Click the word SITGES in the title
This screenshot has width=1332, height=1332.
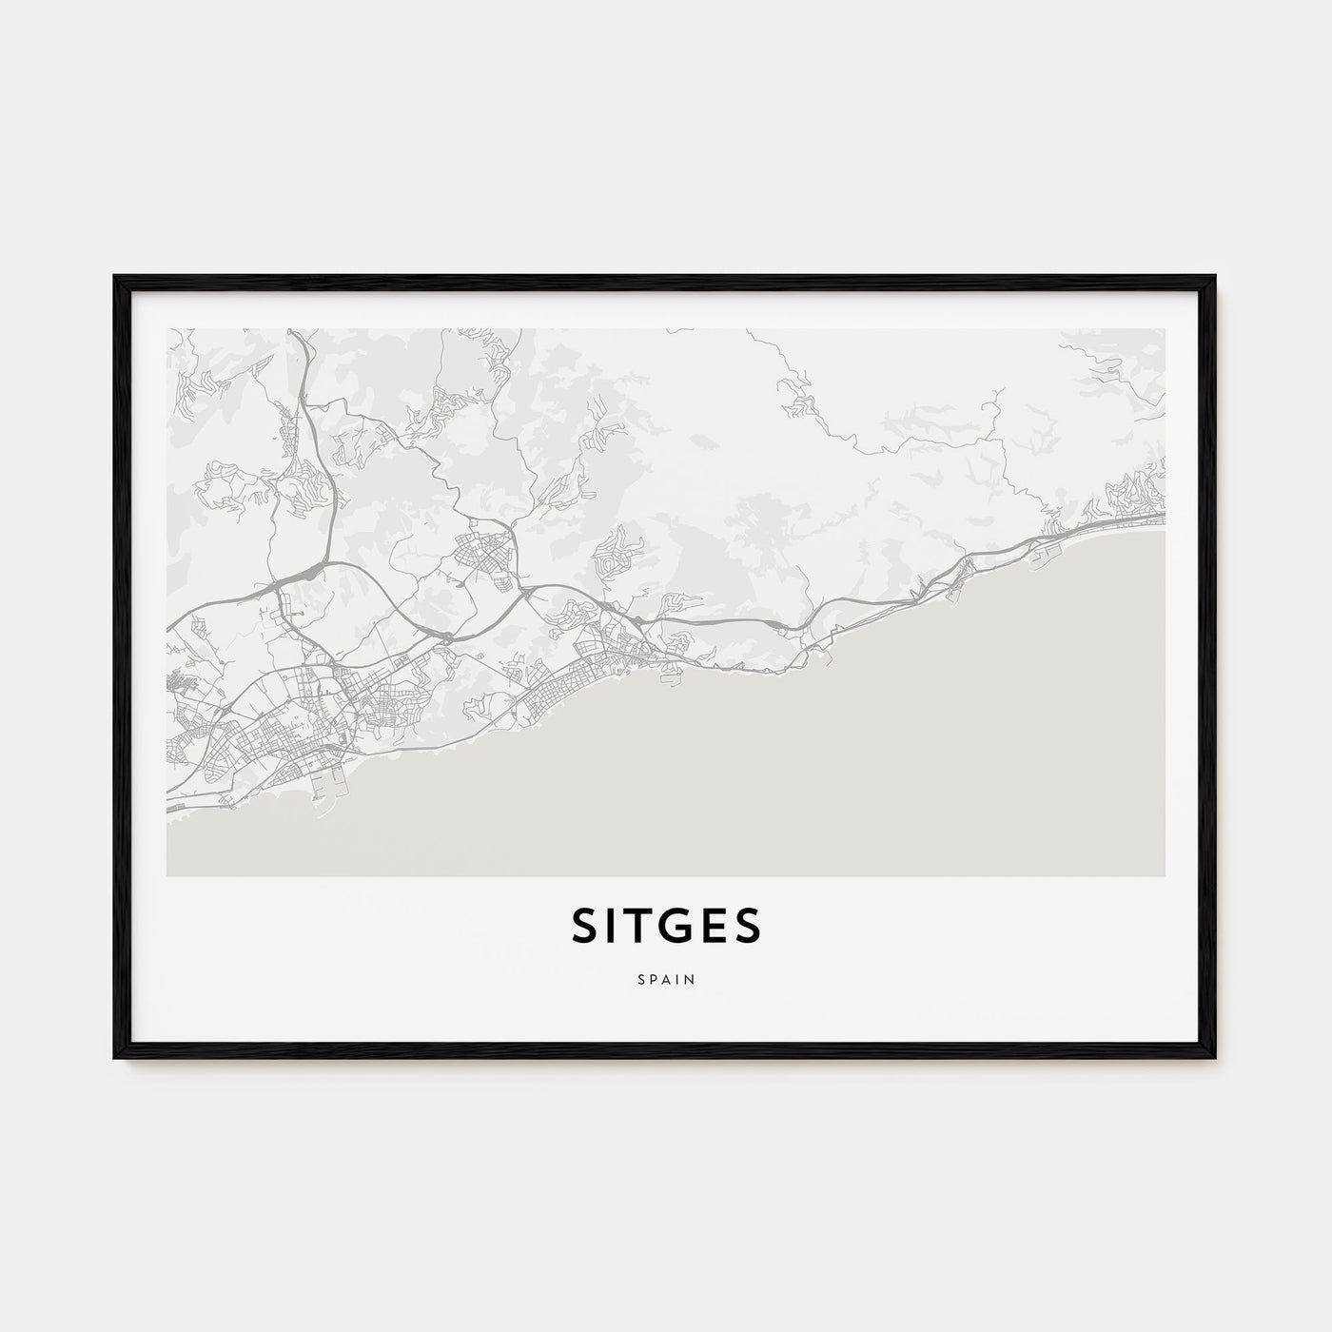point(666,926)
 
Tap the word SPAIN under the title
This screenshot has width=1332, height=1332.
point(666,978)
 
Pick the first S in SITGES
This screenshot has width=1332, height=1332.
point(584,926)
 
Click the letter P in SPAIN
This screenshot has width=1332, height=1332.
point(653,978)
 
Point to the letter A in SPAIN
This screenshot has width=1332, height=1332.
point(666,978)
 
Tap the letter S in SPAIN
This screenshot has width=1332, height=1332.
point(641,978)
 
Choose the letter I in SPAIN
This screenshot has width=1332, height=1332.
point(677,978)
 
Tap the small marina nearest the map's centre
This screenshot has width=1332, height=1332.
point(676,677)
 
